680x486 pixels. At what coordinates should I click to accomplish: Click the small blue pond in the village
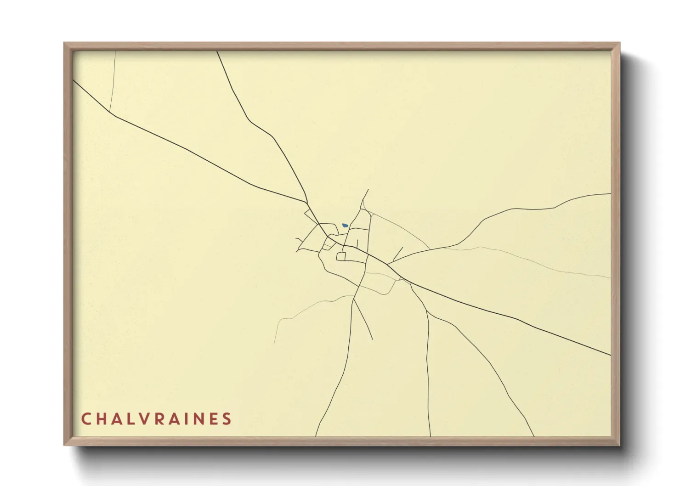click(345, 226)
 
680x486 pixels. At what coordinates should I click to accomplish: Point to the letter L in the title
click(134, 419)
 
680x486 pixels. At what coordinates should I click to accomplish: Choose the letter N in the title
click(210, 419)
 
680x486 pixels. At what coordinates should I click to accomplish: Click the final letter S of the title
click(227, 419)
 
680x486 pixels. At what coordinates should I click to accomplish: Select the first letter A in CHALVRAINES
click(119, 419)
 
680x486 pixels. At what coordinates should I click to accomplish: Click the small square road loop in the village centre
click(341, 256)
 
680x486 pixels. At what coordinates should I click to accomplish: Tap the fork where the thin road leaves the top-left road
click(110, 112)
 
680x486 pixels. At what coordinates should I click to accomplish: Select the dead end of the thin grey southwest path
click(274, 344)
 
